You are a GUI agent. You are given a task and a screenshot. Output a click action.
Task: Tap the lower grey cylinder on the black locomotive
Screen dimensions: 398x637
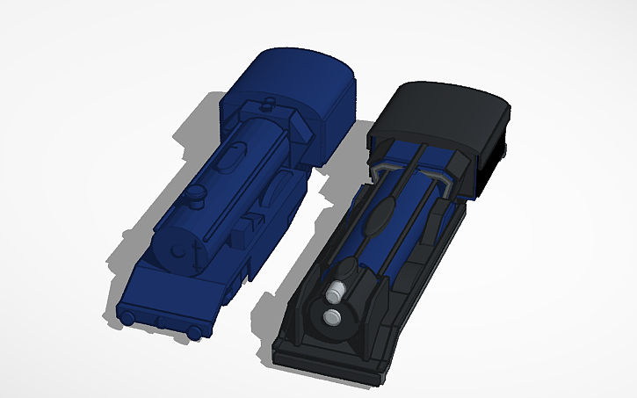click(x=332, y=316)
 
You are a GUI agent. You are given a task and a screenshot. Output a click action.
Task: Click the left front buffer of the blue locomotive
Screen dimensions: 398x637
click(x=128, y=315)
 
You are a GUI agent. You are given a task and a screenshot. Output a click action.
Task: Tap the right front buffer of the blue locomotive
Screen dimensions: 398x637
click(x=192, y=331)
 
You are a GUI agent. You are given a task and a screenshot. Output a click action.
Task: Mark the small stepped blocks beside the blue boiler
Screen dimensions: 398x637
click(x=254, y=219)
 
